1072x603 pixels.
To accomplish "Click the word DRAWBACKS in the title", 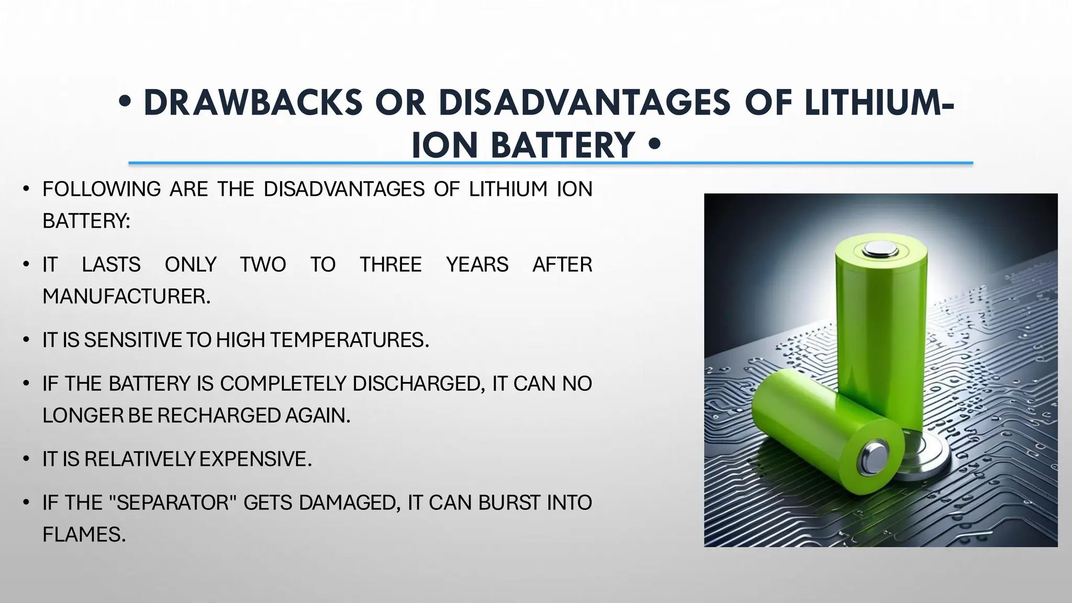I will tap(253, 103).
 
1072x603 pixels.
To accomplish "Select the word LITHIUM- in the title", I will tap(879, 103).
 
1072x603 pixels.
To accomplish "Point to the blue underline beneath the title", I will tap(550, 163).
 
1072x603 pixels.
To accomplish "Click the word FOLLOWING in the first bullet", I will tap(102, 189).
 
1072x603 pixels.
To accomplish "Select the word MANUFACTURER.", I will tap(126, 297).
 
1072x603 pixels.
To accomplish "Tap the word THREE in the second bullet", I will tap(390, 265).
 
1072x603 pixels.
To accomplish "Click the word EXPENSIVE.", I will tap(255, 459).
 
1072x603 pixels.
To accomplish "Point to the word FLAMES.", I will tap(84, 534).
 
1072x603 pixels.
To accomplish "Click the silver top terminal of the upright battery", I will tap(881, 249).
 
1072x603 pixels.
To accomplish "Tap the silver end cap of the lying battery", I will tap(874, 456).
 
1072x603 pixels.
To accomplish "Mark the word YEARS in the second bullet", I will tap(477, 265).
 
